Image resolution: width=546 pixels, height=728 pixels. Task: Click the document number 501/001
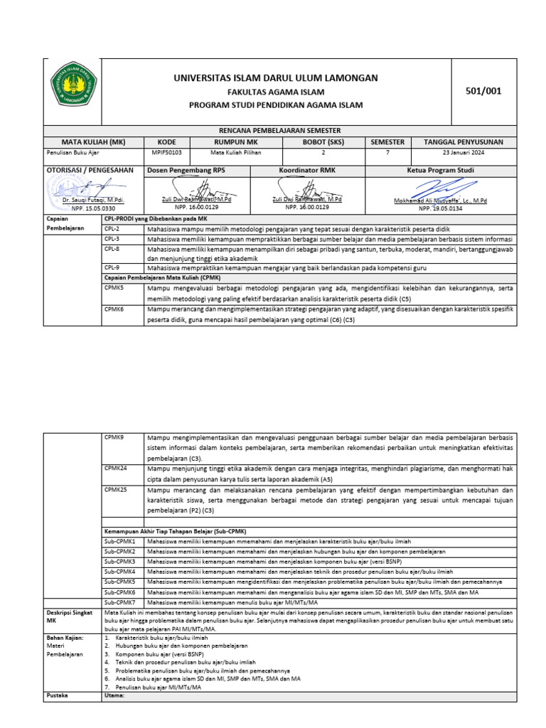pos(483,90)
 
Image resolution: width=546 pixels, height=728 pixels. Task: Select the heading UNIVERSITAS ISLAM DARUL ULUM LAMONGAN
pos(276,77)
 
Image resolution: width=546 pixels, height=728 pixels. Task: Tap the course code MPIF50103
pos(167,152)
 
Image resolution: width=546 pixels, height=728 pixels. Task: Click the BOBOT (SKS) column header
pos(323,141)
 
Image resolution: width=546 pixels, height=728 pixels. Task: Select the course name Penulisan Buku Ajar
pos(69,152)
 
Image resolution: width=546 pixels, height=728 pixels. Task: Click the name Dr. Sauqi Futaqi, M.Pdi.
pos(89,201)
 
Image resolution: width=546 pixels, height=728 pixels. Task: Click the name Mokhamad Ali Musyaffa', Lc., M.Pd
pos(440,201)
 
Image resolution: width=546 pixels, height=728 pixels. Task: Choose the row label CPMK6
pos(114,310)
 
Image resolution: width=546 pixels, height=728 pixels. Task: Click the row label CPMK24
pos(115,469)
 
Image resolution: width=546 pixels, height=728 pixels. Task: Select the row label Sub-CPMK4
pos(119,571)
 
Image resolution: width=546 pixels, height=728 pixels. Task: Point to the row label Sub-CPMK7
pos(119,601)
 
